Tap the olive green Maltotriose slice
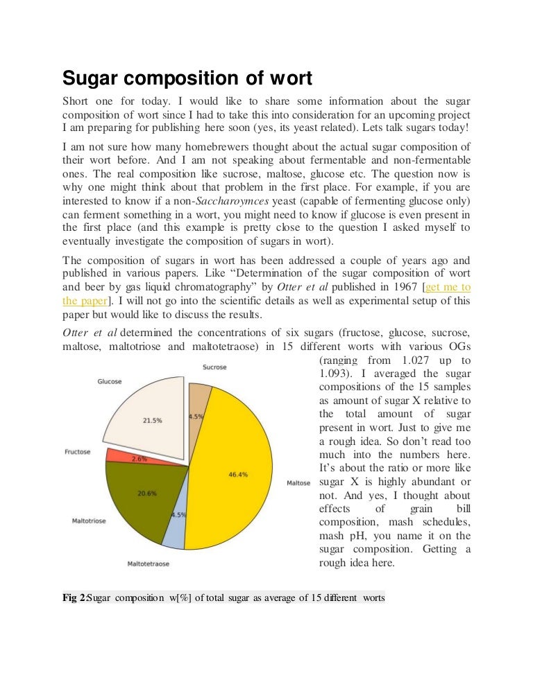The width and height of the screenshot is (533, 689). tap(135, 499)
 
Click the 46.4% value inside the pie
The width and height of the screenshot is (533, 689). tap(238, 475)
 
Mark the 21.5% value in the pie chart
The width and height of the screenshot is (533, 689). tap(153, 420)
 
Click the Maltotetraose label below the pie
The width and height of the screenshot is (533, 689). tap(148, 564)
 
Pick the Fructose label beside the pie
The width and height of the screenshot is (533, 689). tap(78, 452)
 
